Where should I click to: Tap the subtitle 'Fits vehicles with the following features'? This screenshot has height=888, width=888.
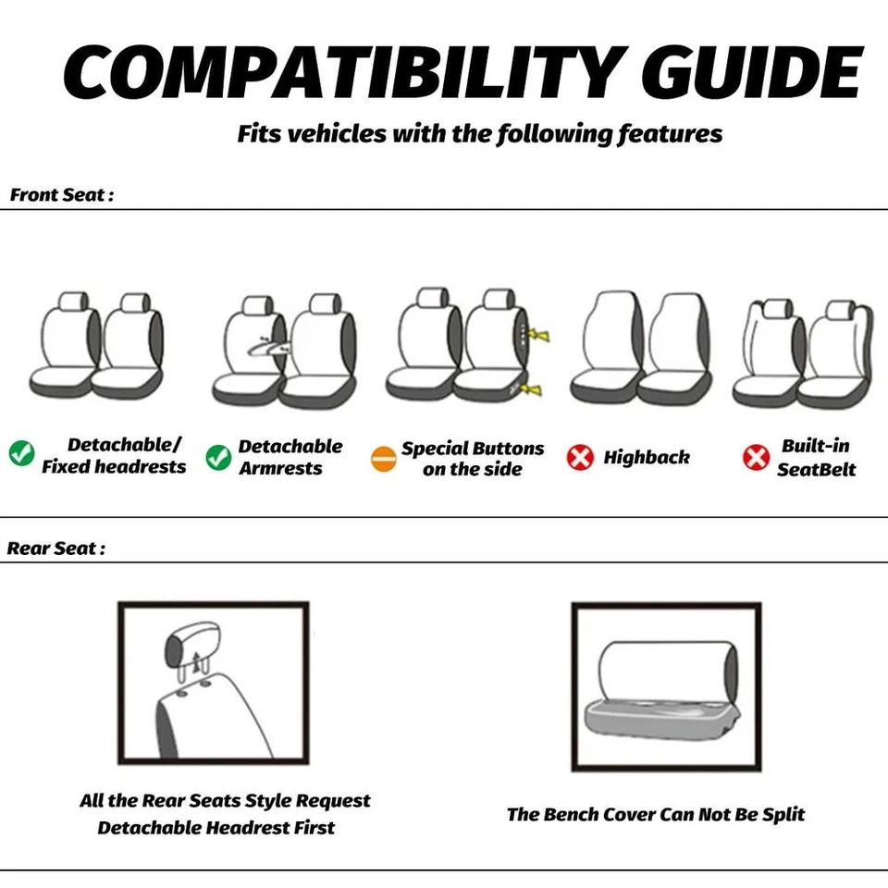click(479, 133)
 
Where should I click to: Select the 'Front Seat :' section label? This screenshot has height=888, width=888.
click(62, 195)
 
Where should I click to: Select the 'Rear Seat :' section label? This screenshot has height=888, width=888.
click(56, 548)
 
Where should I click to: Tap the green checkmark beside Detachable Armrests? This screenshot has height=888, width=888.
click(218, 457)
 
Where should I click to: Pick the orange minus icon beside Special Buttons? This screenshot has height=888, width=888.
click(383, 459)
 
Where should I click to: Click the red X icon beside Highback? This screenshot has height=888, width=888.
click(580, 457)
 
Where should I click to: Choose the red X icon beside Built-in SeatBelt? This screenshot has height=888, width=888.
click(756, 457)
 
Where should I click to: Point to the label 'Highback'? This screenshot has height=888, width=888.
click(647, 457)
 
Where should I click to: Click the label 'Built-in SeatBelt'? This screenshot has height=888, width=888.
click(816, 457)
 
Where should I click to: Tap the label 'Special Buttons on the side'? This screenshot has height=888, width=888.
click(473, 459)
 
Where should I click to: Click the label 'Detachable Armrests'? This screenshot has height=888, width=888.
click(290, 457)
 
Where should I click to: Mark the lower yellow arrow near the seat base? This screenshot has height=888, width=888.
click(531, 389)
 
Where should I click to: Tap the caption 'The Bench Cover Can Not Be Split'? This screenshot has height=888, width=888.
click(655, 814)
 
